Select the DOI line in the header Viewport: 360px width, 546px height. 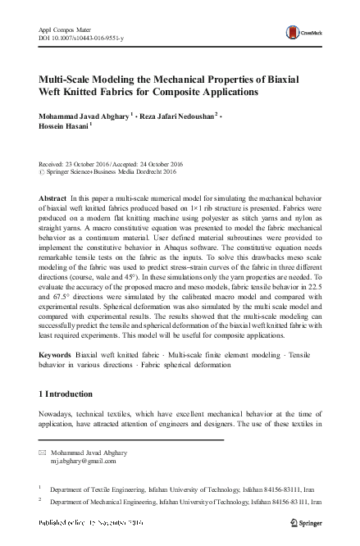[x=80, y=39]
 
